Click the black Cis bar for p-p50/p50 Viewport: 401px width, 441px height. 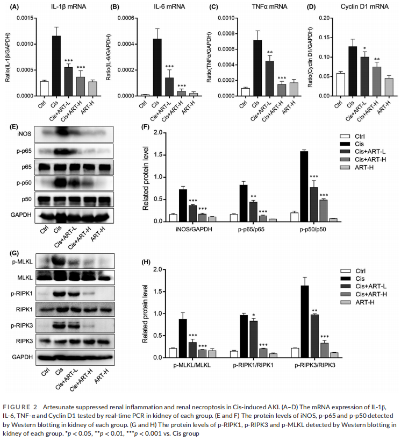click(304, 186)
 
